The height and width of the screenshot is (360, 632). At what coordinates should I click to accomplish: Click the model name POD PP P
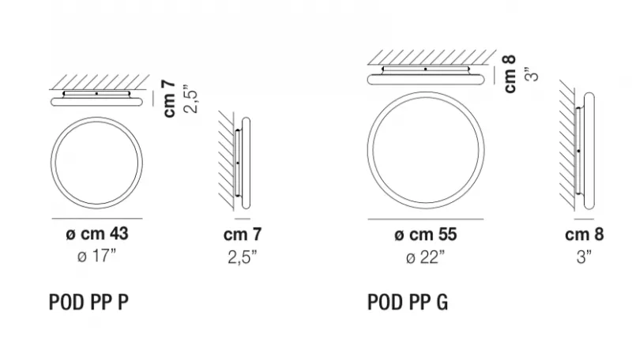(88, 302)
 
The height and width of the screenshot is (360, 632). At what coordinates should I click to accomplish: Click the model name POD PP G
(408, 302)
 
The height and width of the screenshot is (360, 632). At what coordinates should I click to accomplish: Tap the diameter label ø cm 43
(97, 234)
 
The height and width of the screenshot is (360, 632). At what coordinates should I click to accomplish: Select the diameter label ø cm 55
(426, 234)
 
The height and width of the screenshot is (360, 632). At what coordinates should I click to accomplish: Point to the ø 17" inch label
(96, 256)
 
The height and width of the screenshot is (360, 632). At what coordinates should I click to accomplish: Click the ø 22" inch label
(426, 257)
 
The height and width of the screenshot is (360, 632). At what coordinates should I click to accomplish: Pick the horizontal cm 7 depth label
(243, 234)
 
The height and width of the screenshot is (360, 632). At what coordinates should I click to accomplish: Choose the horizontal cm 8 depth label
(585, 234)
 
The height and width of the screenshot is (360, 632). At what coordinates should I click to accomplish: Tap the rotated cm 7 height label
(170, 99)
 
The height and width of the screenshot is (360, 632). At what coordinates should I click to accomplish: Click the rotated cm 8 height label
(510, 74)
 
